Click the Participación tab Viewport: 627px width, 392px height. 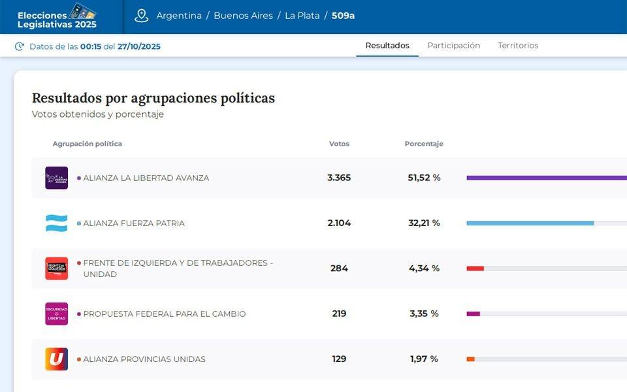click(x=453, y=46)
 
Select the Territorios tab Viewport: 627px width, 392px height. click(x=518, y=46)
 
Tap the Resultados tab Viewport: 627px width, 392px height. click(x=387, y=46)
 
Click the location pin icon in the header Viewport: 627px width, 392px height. click(x=142, y=16)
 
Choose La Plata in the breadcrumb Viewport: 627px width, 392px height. click(x=302, y=16)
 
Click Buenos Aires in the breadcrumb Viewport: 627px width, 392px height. click(x=243, y=16)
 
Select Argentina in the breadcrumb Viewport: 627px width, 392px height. click(x=179, y=16)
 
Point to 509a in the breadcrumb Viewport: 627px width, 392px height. click(x=343, y=16)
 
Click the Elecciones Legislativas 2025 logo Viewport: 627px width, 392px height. click(x=57, y=16)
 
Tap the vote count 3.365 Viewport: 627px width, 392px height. click(x=339, y=178)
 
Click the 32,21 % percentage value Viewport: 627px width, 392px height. click(x=424, y=223)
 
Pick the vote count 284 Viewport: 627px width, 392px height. click(x=339, y=269)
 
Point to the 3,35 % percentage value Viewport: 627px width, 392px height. click(x=424, y=314)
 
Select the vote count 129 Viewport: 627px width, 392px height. click(x=339, y=359)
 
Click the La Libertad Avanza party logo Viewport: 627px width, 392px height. click(x=56, y=178)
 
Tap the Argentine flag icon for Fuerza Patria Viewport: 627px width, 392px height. click(x=56, y=223)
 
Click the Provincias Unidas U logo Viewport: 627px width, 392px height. click(x=56, y=359)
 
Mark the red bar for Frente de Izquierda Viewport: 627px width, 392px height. click(x=475, y=269)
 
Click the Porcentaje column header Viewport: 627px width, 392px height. click(x=424, y=144)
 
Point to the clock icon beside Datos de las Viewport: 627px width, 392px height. click(x=20, y=46)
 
